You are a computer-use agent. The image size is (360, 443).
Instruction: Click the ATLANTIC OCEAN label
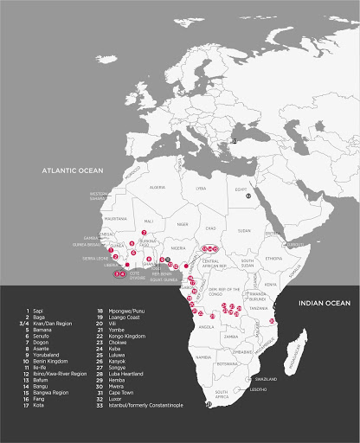point(79,172)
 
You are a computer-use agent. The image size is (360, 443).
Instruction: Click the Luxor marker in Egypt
point(248,196)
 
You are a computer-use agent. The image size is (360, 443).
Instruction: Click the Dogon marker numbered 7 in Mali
point(144,233)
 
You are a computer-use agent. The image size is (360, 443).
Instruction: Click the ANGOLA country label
point(207,327)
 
